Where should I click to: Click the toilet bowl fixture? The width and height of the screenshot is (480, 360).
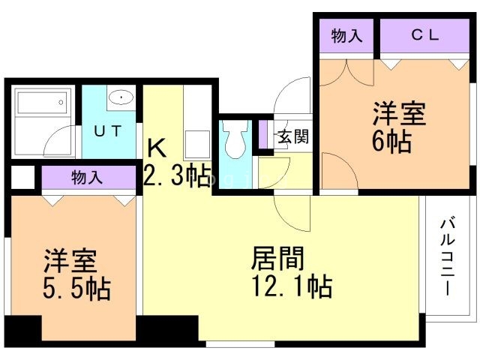tap(235, 139)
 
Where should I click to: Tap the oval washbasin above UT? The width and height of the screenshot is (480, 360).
tap(121, 97)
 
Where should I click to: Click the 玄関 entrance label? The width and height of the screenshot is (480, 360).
tap(293, 136)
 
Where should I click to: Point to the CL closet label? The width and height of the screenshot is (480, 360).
tap(425, 35)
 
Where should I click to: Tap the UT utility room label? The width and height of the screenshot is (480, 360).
tap(108, 131)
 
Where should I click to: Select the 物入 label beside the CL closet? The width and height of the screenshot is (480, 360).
tap(346, 35)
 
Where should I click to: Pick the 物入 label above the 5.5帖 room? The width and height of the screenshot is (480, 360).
tap(87, 178)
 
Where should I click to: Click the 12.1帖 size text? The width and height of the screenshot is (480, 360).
tap(292, 286)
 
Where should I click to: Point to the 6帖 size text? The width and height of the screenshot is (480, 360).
tap(391, 142)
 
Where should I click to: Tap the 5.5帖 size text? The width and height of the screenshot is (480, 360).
tap(76, 288)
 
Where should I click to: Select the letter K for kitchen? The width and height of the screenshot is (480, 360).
tap(157, 148)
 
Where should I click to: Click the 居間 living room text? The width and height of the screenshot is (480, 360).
tap(278, 259)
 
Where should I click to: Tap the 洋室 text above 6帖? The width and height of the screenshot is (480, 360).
tap(399, 113)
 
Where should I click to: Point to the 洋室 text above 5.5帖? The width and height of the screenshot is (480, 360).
tap(70, 260)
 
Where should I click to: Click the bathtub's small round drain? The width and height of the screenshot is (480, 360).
tap(61, 103)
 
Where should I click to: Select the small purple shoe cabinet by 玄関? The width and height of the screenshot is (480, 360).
tap(263, 135)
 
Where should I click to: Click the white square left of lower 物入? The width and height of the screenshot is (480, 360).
tap(23, 178)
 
